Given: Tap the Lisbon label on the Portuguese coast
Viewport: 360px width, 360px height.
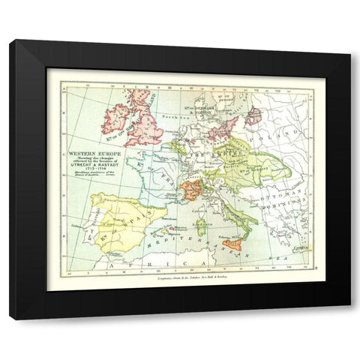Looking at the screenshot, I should pyautogui.click(x=90, y=226).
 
